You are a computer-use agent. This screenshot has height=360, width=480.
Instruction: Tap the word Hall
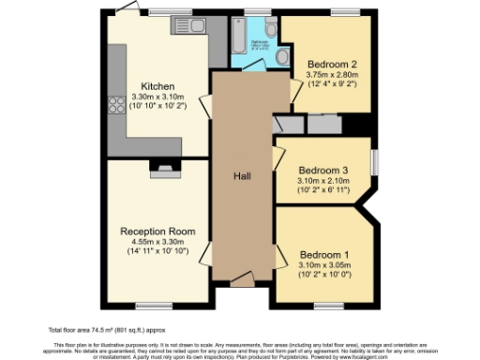(x=242, y=175)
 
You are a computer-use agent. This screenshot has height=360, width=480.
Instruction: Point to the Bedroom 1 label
(x=322, y=255)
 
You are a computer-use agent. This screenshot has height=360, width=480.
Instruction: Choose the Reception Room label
(x=157, y=230)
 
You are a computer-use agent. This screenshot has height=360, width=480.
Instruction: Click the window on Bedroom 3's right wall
(x=373, y=161)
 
